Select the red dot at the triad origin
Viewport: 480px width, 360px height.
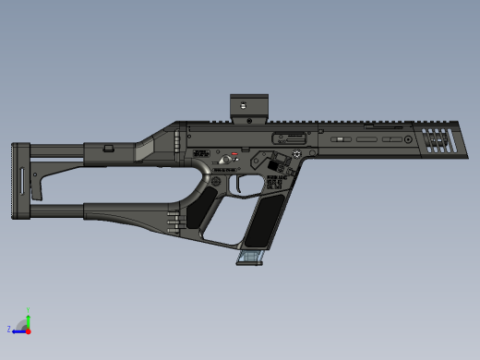click(28, 330)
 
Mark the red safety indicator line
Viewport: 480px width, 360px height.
click(234, 153)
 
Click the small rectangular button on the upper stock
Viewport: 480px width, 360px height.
click(108, 147)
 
